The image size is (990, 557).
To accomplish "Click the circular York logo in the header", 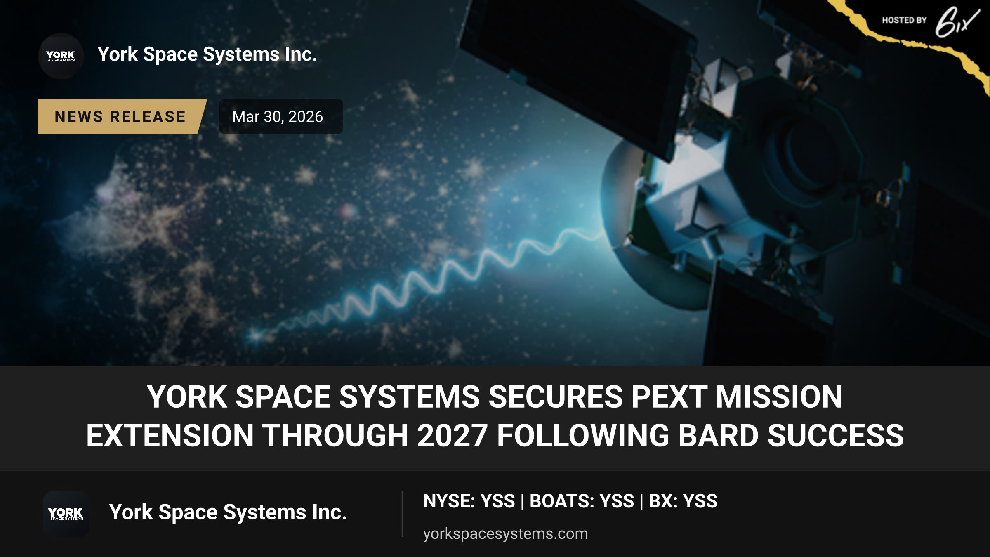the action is point(61,56).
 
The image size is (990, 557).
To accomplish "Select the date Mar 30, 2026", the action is point(278,117).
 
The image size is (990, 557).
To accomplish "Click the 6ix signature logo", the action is point(957,22).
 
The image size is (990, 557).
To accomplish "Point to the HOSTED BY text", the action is point(904,20).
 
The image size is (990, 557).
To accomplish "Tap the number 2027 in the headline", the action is point(453,436).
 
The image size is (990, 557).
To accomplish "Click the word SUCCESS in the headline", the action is point(835,436).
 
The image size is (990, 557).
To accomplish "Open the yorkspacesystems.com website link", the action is point(505,534).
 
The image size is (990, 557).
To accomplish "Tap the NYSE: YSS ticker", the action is point(469,501).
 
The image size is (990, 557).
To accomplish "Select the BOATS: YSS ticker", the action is point(582,501).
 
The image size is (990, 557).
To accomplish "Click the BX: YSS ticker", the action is point(683,501).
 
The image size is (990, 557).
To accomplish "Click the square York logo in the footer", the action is point(66,514).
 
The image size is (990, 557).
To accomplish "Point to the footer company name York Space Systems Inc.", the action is point(228,512).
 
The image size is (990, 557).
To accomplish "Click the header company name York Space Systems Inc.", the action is point(207,54).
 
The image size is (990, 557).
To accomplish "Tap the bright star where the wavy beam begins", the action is point(256,335).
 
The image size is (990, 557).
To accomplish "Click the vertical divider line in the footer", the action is point(402,514).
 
